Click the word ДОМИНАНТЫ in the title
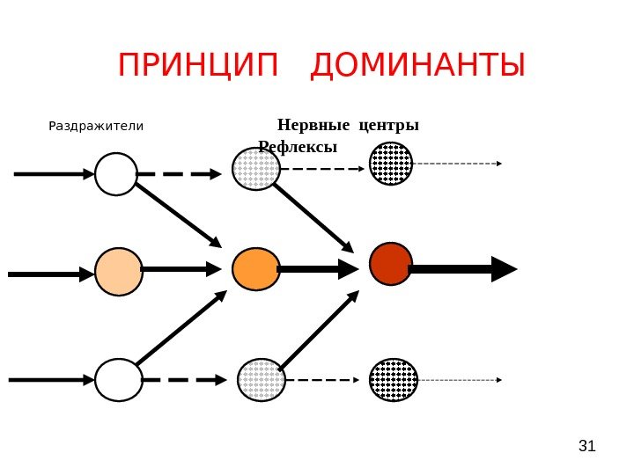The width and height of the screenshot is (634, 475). coord(418,65)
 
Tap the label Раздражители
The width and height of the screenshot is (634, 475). coord(96,126)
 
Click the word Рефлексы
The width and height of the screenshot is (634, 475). coord(299,146)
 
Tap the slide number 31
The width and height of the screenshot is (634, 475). coord(586,447)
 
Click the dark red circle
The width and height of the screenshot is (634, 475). coord(391,264)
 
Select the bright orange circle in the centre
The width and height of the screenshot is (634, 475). coord(256,269)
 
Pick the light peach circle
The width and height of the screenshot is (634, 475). coord(119,272)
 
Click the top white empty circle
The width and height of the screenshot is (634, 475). coord(116,174)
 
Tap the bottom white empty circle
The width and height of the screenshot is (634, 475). coord(119,380)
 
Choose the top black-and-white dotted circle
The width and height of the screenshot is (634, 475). coord(391,164)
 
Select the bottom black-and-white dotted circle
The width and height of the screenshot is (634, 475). coord(393,380)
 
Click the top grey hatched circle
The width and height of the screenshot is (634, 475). coord(256,169)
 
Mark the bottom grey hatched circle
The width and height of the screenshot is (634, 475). coord(262,380)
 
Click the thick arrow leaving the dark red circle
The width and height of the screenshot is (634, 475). coord(463,269)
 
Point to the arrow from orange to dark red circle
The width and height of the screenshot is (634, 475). coord(317,269)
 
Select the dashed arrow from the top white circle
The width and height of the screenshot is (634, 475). coord(180,174)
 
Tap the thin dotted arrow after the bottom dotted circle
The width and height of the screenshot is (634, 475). coord(460,380)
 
